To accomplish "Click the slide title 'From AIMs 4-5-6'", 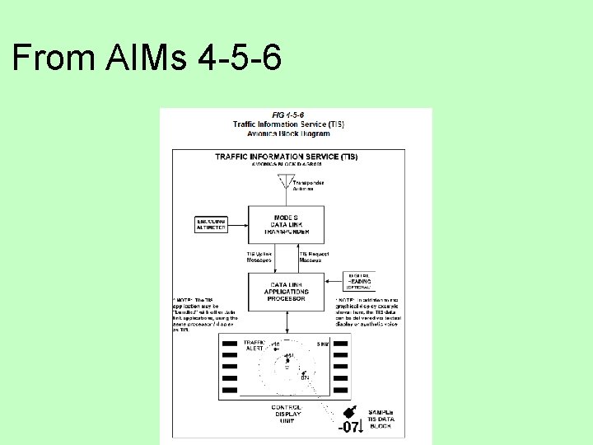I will coord(147,59).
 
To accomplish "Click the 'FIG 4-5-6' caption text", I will coord(288,115).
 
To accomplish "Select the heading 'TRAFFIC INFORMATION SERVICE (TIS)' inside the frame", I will coord(287,157).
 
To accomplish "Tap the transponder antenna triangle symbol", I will coord(286,181).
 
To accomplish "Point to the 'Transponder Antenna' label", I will coord(309,185).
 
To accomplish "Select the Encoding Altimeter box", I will coord(212,224).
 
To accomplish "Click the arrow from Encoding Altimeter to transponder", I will coord(237,224).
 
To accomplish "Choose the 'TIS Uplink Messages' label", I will coord(260,257).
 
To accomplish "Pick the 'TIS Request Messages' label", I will coord(315,257).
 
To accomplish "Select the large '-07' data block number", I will coord(350,427).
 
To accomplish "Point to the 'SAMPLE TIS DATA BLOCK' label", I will coord(381,419).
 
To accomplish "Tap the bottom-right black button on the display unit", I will coord(341,389).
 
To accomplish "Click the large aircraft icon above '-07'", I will coord(349,412).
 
